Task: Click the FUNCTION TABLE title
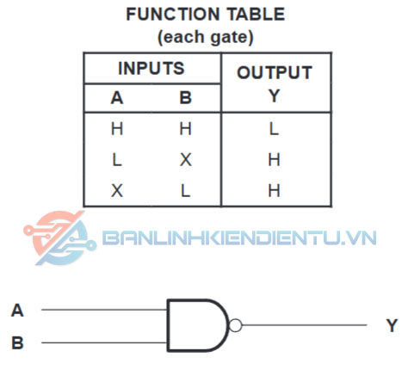206,14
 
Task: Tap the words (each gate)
206,37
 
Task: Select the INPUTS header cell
151,68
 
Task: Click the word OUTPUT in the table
275,72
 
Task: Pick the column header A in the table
117,98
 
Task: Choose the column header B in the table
185,98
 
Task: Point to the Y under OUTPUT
275,96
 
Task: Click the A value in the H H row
117,128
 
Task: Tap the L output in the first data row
274,128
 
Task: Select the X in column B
186,159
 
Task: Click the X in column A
117,190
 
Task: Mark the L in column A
117,159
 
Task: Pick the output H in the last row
274,190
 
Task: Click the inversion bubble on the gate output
236,325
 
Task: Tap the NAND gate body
198,325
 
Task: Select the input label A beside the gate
17,311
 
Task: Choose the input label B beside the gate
17,342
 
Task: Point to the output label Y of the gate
392,325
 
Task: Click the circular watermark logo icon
59,237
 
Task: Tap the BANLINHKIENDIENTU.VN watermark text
239,237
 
